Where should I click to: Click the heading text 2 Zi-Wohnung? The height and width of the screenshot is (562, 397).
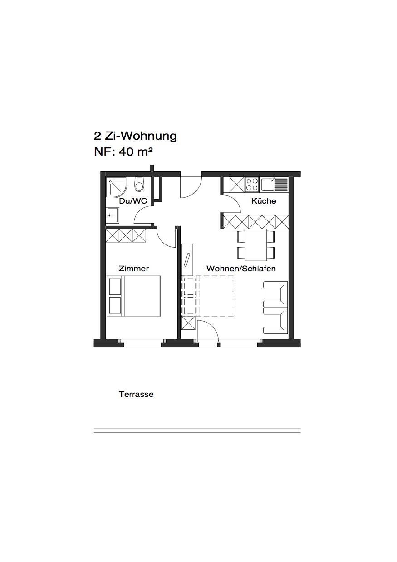[135, 136]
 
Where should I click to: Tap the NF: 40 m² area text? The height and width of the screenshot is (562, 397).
[123, 152]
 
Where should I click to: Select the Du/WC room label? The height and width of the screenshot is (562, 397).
[133, 201]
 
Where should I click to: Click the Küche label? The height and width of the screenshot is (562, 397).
[264, 200]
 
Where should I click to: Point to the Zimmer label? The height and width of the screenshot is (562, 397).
[134, 269]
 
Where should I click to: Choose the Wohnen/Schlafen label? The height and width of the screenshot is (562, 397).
[241, 269]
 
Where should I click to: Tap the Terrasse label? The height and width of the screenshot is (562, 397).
[136, 394]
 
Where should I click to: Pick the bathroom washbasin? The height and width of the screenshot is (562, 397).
[113, 215]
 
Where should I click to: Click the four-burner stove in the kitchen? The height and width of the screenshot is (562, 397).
[252, 185]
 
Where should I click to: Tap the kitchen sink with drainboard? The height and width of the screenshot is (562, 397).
[274, 184]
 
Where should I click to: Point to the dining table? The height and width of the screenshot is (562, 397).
[256, 245]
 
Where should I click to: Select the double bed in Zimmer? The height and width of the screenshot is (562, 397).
[133, 296]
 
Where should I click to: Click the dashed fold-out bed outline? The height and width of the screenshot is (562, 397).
[208, 295]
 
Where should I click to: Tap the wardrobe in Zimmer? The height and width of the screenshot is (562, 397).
[126, 235]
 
